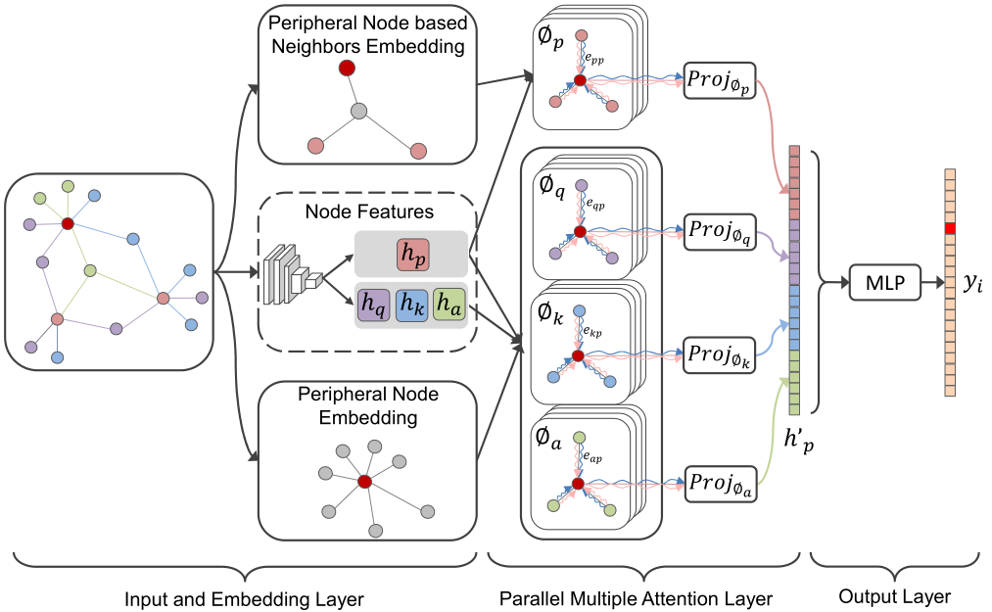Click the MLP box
(884, 282)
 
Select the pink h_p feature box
(413, 255)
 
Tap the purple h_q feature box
(373, 306)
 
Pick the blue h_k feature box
(412, 306)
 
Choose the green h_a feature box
(449, 306)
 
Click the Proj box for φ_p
(720, 80)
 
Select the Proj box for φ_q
(720, 232)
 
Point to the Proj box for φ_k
(720, 355)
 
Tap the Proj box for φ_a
(720, 484)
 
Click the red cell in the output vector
(950, 228)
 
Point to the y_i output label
(972, 283)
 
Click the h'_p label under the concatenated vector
(798, 440)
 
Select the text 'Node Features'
(369, 212)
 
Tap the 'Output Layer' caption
(895, 596)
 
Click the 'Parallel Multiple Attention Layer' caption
(636, 598)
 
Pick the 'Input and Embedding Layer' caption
(244, 599)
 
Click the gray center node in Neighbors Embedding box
(358, 112)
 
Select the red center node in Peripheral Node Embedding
(364, 482)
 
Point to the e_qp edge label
(594, 204)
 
